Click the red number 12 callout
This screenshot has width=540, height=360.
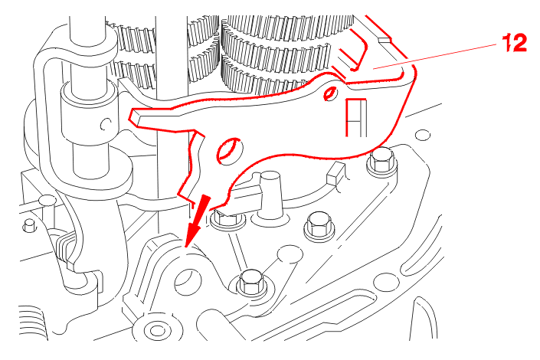coord(515,43)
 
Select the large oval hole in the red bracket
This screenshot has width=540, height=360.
coord(228,150)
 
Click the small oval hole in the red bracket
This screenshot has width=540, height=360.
coord(330,93)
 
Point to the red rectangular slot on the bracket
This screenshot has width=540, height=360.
coord(356,117)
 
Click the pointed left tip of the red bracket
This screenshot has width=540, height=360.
coord(131,116)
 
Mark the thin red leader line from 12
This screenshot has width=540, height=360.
coord(435,57)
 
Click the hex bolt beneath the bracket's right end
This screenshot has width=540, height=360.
coord(381,162)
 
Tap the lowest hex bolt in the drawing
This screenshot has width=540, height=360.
coord(252,283)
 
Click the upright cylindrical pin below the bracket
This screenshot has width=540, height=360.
coord(270,197)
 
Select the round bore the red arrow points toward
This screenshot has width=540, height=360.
coord(188,283)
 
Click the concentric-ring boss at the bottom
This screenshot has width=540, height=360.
coord(157,330)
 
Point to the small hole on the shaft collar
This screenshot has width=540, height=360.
coord(106,124)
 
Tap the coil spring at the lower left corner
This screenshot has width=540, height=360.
coord(33,323)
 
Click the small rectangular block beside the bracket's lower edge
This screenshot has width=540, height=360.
coord(335,175)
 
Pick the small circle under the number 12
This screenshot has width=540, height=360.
coord(423,135)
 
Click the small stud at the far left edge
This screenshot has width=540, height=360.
coord(29,225)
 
